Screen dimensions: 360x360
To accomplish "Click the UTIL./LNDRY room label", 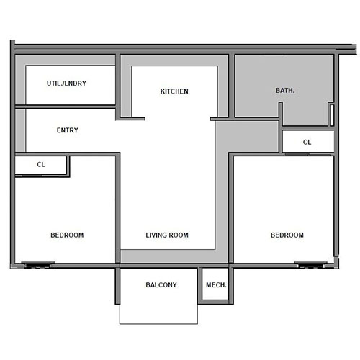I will (x=66, y=84).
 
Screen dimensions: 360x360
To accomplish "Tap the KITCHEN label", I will (x=174, y=91).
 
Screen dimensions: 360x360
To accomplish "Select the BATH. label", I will (x=286, y=91).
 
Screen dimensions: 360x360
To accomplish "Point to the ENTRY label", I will (x=67, y=130).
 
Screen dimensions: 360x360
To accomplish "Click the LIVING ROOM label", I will (x=167, y=235).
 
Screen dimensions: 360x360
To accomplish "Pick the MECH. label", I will (x=216, y=285).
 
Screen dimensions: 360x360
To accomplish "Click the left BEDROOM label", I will (x=67, y=235).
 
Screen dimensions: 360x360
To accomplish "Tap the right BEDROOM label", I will (x=287, y=235).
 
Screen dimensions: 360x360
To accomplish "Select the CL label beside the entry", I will (x=41, y=164).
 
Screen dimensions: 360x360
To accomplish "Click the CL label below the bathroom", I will (x=307, y=142).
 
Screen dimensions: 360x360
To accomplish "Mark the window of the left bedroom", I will (x=37, y=265).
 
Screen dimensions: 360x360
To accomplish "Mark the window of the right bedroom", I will (x=309, y=265).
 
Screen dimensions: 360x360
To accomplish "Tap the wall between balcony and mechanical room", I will (x=199, y=286).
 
